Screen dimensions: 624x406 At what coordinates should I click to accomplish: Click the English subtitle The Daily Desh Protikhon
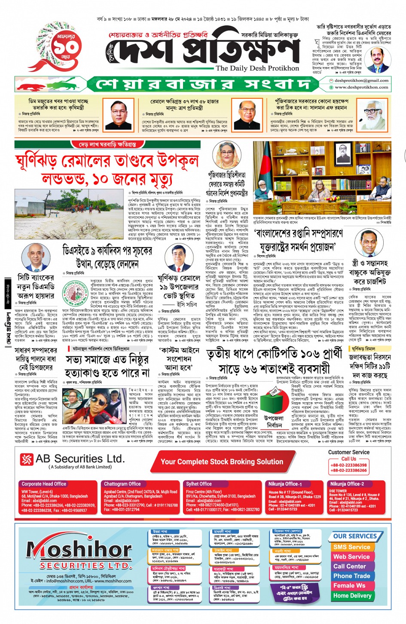257,68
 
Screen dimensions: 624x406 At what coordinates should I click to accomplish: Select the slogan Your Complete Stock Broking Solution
222,462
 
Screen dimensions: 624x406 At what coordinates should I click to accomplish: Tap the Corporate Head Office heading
44,484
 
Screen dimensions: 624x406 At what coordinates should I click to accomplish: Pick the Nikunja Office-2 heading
347,484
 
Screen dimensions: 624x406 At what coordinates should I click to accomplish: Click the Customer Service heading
348,452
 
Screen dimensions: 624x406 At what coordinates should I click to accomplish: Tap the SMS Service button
351,547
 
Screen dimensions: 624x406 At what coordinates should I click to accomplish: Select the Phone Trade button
351,576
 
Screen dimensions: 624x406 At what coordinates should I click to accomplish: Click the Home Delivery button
352,596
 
